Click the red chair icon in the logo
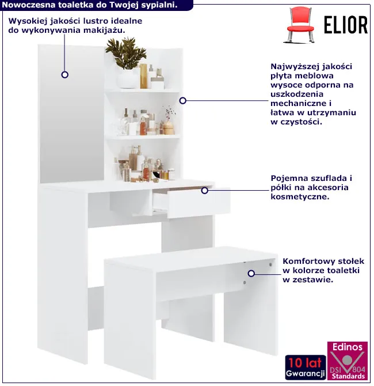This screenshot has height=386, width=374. click(x=301, y=25)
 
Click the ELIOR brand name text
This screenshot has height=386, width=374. click(x=346, y=25)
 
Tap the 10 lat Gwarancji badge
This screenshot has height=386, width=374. click(x=306, y=368)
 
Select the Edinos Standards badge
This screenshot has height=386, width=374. click(x=348, y=361)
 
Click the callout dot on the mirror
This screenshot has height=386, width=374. click(x=64, y=74)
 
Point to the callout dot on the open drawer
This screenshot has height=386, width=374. click(x=205, y=191)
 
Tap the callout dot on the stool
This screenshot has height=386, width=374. click(x=251, y=274)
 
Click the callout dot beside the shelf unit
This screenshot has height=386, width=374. click(x=183, y=100)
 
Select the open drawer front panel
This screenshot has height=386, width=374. click(x=199, y=204)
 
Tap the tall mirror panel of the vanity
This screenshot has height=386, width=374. click(x=71, y=113)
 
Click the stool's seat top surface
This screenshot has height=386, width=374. click(x=191, y=259)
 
